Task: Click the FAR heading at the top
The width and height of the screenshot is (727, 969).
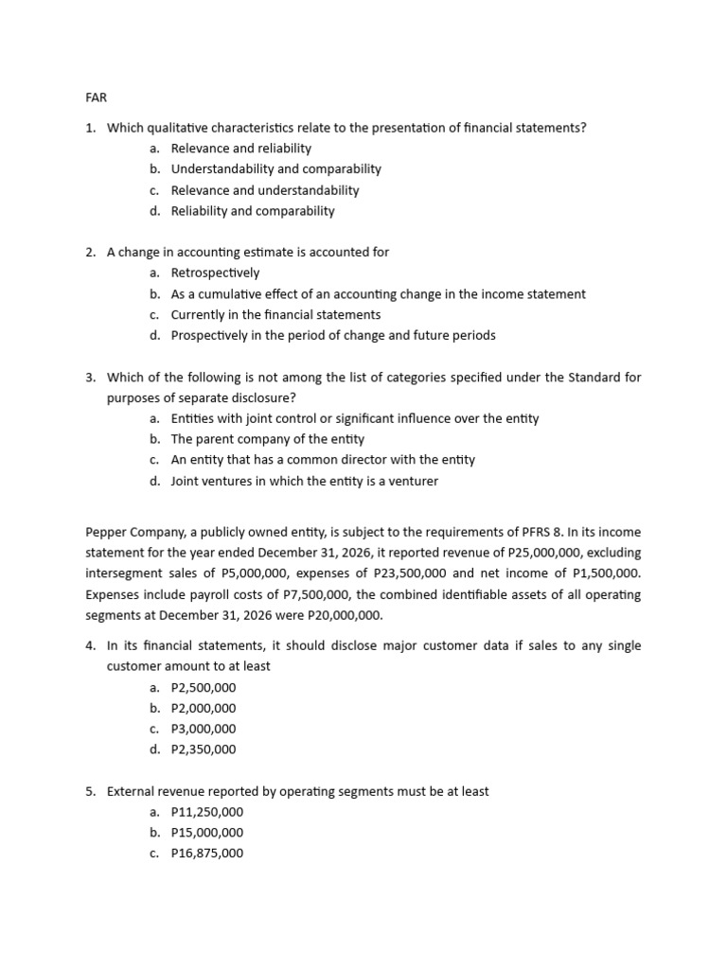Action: pyautogui.click(x=96, y=97)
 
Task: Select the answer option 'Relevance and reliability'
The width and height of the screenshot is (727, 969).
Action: pyautogui.click(x=240, y=149)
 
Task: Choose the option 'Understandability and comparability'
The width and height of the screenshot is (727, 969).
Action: pyautogui.click(x=275, y=169)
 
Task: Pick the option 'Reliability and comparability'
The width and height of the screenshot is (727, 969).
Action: pyautogui.click(x=253, y=211)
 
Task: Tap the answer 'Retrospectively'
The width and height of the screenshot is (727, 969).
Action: pyautogui.click(x=215, y=273)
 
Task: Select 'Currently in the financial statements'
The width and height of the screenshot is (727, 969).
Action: pyautogui.click(x=275, y=314)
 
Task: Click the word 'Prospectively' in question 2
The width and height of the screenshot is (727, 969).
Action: pyautogui.click(x=209, y=335)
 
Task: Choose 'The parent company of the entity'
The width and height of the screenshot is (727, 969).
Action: pyautogui.click(x=267, y=439)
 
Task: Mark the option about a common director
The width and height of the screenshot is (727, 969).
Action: pyautogui.click(x=323, y=460)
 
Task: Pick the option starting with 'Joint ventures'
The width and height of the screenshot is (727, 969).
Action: pyautogui.click(x=304, y=481)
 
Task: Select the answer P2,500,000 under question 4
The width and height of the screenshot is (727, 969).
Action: pyautogui.click(x=204, y=688)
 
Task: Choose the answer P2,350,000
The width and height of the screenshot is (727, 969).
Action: pyautogui.click(x=204, y=749)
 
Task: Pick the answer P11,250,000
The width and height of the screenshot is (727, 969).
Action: pyautogui.click(x=206, y=812)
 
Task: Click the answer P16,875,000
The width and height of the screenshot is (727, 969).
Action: pyautogui.click(x=206, y=854)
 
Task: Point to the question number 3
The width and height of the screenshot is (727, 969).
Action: pyautogui.click(x=90, y=378)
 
